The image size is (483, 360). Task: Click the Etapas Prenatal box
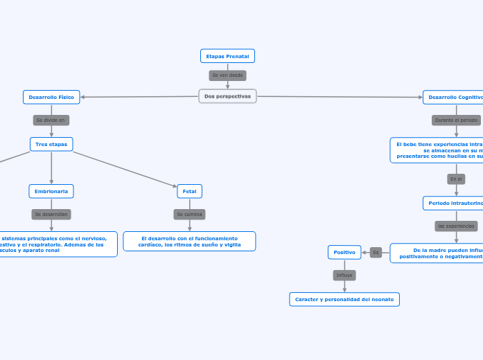(227, 56)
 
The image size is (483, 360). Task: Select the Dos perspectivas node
(227, 96)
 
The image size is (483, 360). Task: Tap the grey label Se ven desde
(227, 75)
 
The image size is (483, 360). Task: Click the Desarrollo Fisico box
(51, 98)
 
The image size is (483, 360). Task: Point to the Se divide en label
(51, 120)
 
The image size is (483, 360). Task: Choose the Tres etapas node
(51, 144)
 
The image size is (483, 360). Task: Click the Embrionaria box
(51, 191)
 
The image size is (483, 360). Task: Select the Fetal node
(189, 191)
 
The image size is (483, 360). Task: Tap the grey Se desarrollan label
(51, 215)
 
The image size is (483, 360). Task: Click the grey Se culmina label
(189, 215)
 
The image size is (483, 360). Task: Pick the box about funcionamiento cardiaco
(189, 241)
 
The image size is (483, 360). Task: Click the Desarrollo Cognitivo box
(454, 98)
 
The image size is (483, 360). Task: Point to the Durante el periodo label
(456, 120)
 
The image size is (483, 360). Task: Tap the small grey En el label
(456, 179)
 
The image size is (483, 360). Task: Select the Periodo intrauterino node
(454, 203)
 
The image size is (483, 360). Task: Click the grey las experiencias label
(456, 226)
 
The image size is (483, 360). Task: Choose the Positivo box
(344, 253)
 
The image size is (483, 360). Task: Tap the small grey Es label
(376, 253)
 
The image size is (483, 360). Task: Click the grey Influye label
(344, 276)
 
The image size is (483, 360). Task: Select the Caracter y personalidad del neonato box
(344, 299)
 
